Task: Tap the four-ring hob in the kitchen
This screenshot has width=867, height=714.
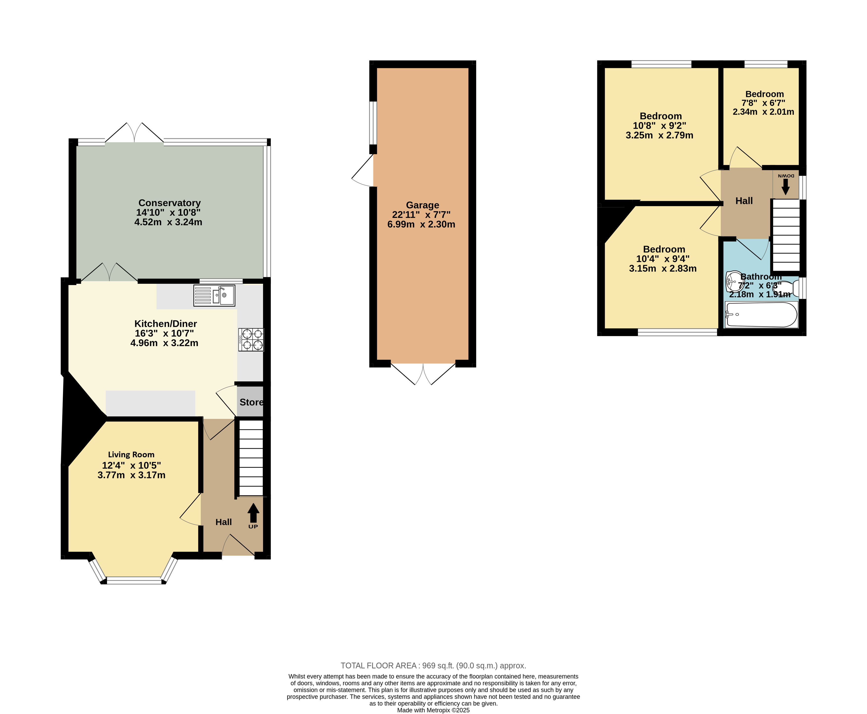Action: (251, 339)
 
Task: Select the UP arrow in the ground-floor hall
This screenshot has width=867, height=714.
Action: (253, 513)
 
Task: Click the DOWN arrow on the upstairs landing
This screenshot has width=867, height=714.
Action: (785, 187)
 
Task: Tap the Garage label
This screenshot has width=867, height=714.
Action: (422, 205)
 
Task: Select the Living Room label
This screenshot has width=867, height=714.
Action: (131, 455)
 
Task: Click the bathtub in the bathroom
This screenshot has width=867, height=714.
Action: (761, 315)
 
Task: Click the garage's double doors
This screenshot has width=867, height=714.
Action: (423, 374)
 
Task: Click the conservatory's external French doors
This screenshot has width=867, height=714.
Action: (134, 132)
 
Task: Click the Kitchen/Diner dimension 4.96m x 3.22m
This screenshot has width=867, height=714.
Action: (164, 343)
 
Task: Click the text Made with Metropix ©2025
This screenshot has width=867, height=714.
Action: (433, 710)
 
